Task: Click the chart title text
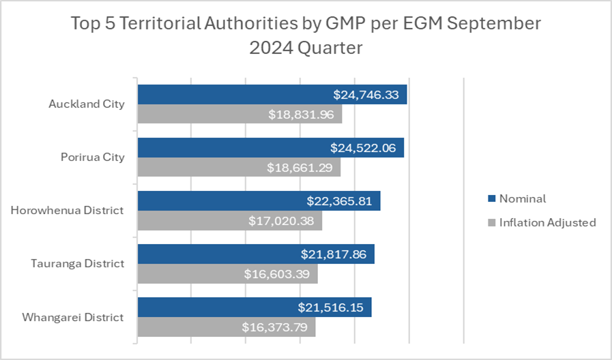coord(306,35)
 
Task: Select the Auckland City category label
coord(87,104)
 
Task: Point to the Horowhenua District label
coord(68,210)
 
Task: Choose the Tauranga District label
coord(78,263)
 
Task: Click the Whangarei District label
coord(72,317)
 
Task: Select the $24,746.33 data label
coord(366,95)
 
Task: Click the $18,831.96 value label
coord(301,115)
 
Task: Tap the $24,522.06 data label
coord(363,148)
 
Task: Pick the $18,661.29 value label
coord(300,168)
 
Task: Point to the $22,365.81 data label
coord(339,201)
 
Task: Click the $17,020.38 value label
coord(281,221)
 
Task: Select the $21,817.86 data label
coord(334,254)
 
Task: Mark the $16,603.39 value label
coord(277,274)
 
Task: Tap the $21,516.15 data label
coord(331,307)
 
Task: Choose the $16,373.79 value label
coord(275,327)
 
